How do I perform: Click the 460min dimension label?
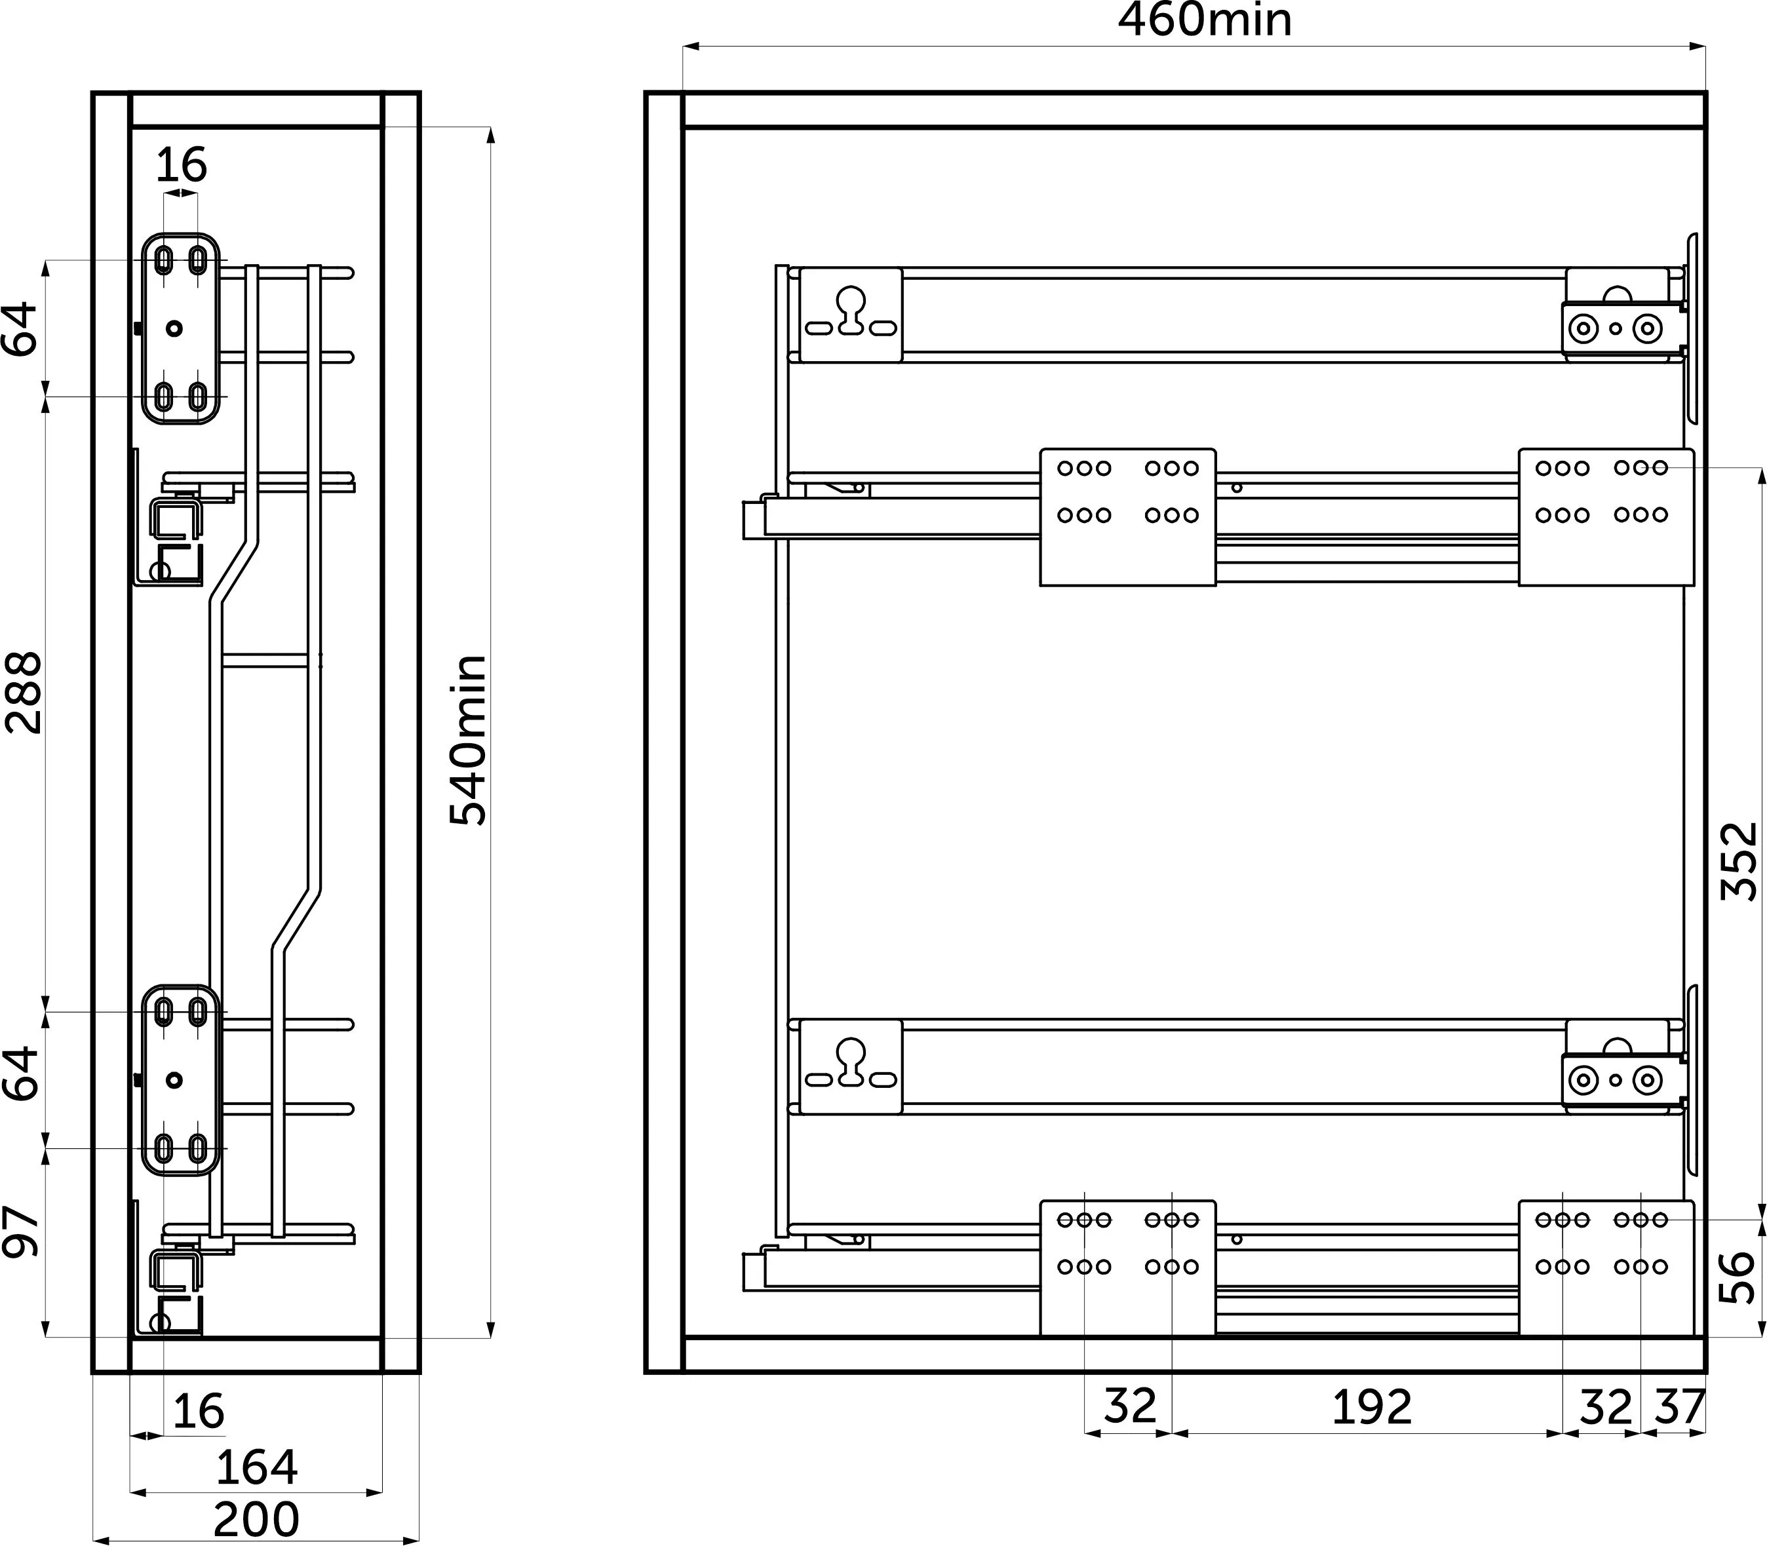pos(1205,21)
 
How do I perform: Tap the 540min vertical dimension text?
pos(469,739)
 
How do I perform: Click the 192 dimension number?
pos(1372,1407)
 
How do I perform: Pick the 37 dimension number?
pos(1679,1407)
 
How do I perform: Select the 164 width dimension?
pos(256,1467)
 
